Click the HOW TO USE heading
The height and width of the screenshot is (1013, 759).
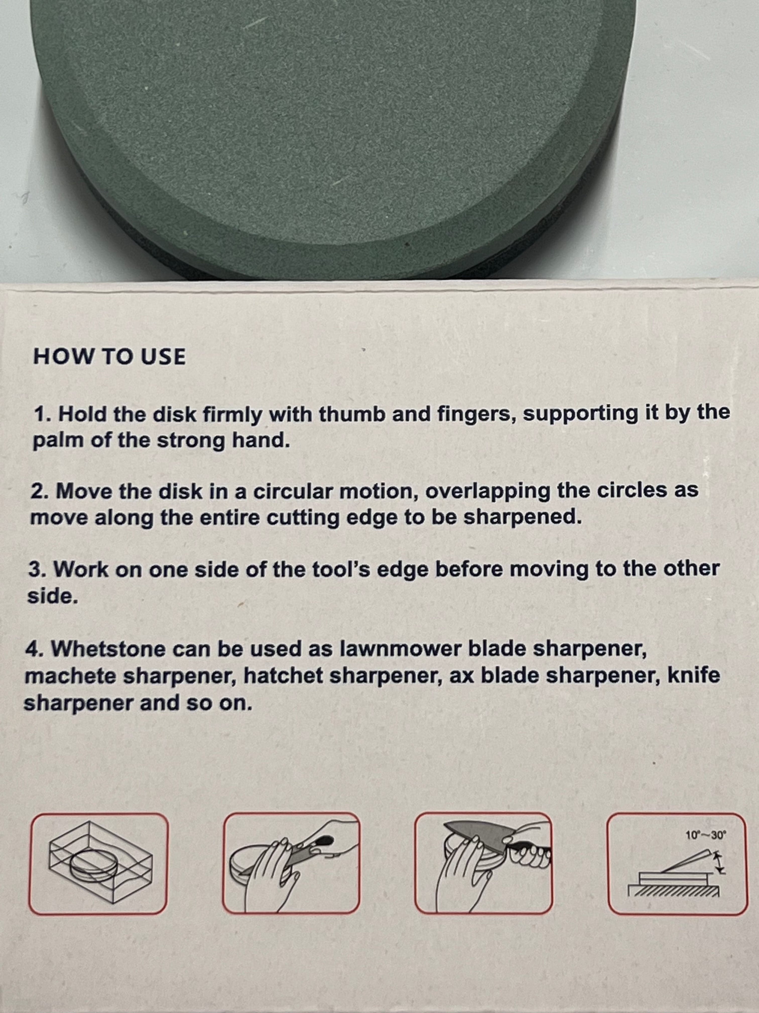coord(109,356)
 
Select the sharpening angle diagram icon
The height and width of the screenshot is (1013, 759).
coord(678,864)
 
